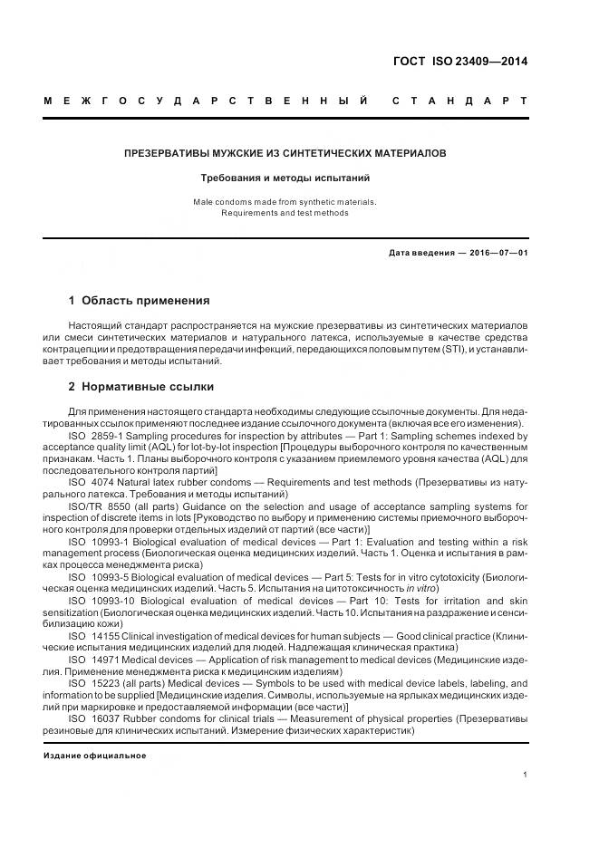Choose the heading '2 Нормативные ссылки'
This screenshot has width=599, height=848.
click(x=141, y=387)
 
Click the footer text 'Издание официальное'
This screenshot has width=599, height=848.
click(x=95, y=755)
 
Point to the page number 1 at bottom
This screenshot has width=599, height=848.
click(x=526, y=775)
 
